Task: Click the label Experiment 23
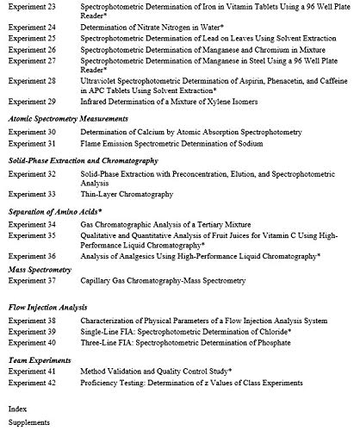click(32, 6)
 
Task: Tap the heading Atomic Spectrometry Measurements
click(69, 118)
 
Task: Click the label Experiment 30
click(32, 132)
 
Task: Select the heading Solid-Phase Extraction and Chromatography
click(83, 160)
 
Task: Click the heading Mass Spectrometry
click(44, 270)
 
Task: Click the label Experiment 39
click(32, 331)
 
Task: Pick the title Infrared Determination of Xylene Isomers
click(171, 101)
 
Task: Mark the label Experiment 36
click(32, 256)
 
